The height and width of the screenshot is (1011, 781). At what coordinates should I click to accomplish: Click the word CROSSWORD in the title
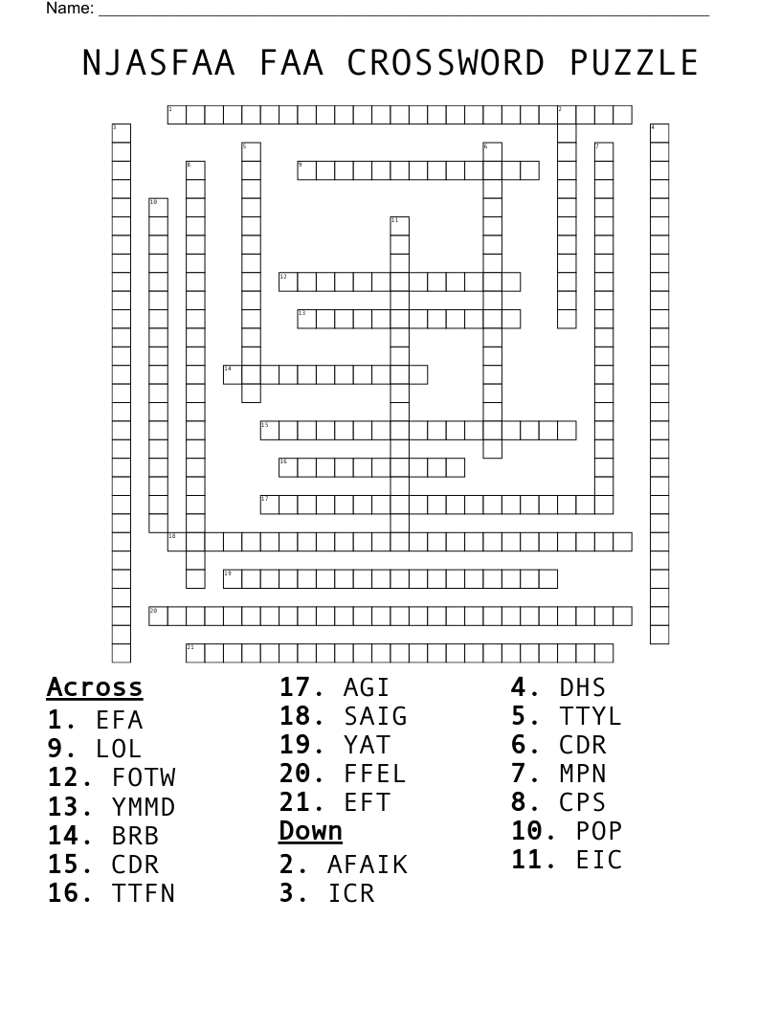[445, 62]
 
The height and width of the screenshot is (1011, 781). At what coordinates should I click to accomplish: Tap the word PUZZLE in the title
[634, 62]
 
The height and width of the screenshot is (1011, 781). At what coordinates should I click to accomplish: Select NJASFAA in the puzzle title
[159, 62]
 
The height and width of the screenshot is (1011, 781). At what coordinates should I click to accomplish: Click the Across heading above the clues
[95, 687]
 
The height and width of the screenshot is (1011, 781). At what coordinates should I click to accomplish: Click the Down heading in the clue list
[311, 831]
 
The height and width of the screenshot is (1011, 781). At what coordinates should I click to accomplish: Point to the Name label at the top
[70, 8]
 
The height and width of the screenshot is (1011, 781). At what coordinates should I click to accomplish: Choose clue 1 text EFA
[120, 720]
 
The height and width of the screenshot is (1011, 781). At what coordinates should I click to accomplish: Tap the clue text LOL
[119, 749]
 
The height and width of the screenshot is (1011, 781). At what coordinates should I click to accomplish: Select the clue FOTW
[144, 777]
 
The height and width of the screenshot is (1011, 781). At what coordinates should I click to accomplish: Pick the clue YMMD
[144, 807]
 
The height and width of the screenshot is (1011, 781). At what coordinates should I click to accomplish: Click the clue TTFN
[144, 893]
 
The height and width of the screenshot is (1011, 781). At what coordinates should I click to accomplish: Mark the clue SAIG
[376, 716]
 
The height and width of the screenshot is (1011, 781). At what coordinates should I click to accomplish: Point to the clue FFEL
[375, 774]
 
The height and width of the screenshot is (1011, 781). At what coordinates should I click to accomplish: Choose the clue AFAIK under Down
[368, 865]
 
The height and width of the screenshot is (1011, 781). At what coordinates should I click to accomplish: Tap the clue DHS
[583, 687]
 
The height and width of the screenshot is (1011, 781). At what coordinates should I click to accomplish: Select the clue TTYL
[591, 716]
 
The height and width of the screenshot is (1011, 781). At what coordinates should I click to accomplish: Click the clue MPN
[583, 774]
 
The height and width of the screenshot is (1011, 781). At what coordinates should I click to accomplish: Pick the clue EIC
[599, 860]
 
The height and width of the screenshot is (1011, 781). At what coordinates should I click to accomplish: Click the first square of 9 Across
[306, 170]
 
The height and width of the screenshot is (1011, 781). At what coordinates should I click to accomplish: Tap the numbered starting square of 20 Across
[159, 616]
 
